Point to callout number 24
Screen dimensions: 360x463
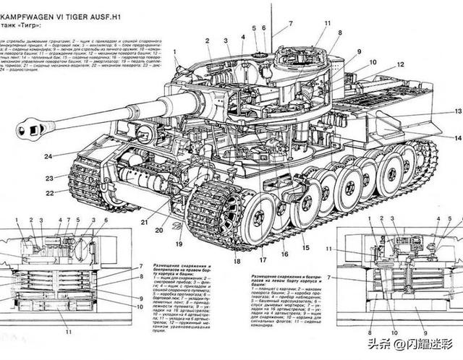point(47,156)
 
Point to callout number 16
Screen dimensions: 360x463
point(284,254)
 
